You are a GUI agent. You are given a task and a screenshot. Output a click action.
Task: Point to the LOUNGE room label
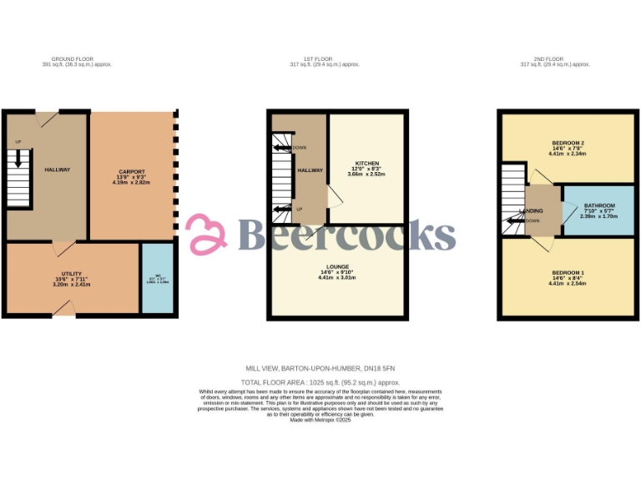click(337, 267)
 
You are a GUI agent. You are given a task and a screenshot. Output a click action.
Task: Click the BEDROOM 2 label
click(568, 142)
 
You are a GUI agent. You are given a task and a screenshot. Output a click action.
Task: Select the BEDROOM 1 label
click(568, 273)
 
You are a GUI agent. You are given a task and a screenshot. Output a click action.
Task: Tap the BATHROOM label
click(599, 205)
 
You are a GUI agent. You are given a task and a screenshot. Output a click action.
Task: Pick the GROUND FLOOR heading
click(68, 58)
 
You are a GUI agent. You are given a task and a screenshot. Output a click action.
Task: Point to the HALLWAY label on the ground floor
click(58, 170)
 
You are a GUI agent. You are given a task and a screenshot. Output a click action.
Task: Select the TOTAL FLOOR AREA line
click(320, 381)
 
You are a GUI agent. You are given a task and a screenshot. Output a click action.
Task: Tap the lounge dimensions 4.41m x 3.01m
click(337, 278)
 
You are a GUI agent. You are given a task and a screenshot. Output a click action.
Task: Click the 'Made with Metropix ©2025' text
click(320, 419)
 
